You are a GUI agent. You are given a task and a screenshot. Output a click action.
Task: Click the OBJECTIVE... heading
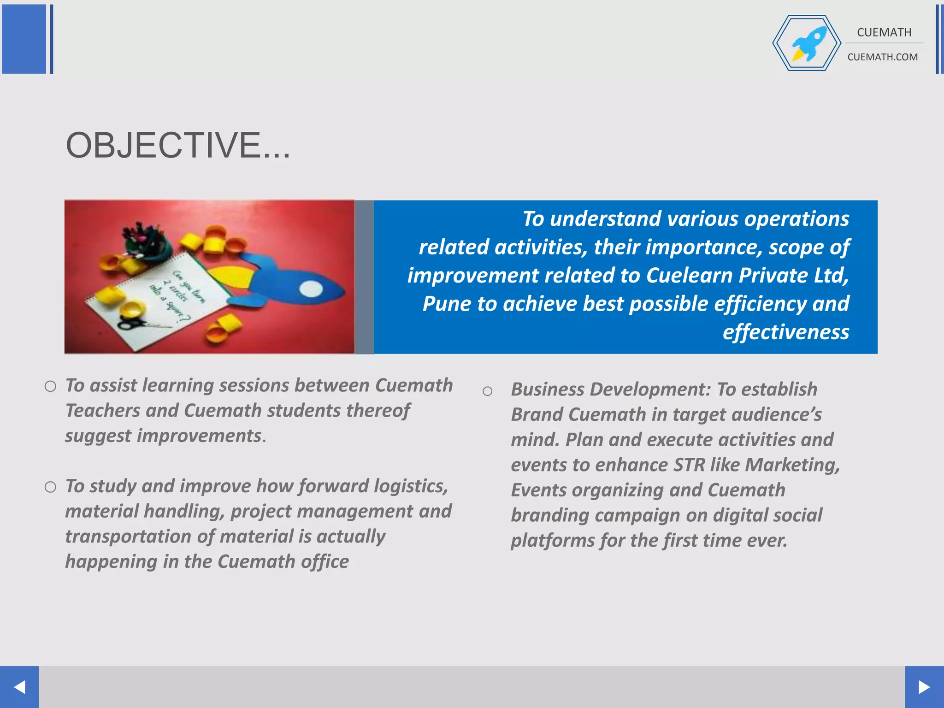178,146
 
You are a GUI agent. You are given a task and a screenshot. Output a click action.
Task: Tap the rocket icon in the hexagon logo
809,43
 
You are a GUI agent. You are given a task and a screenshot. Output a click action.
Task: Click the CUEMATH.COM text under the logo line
882,57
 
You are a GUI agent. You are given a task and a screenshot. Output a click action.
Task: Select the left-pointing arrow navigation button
19,687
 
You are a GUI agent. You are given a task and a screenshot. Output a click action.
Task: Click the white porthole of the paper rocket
311,289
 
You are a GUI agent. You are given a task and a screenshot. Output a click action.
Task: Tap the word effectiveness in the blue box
785,332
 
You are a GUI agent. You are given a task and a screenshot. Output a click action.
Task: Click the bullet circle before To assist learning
50,386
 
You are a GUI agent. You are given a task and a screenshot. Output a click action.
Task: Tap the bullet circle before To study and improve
50,487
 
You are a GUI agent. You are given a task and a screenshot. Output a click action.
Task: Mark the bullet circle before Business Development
487,392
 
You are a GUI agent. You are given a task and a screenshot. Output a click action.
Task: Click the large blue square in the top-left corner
24,39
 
